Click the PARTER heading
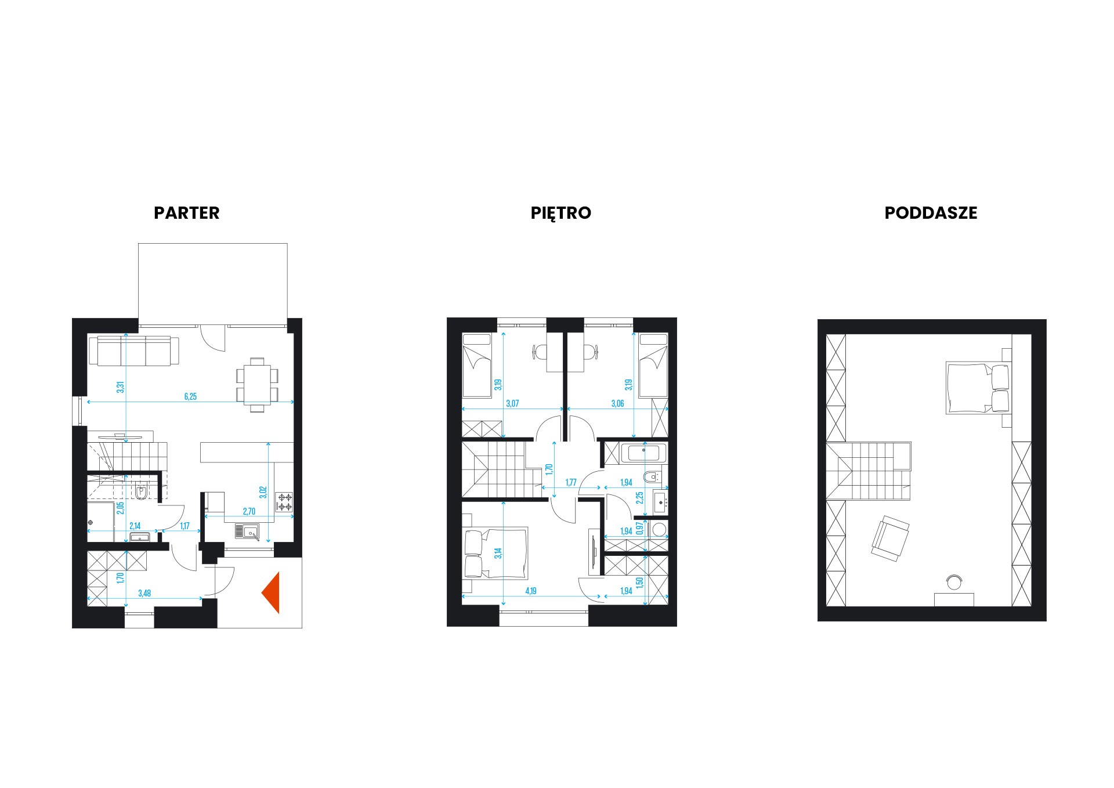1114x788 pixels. point(187,213)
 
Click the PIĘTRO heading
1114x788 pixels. point(561,213)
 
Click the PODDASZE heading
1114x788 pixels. point(931,213)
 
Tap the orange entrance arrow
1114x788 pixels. point(271,592)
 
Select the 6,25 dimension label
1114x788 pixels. point(190,397)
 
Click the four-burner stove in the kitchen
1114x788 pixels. point(284,503)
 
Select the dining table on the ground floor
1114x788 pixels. point(256,383)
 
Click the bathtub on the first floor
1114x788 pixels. point(644,453)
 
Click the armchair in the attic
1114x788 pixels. point(889,538)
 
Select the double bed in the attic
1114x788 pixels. point(977,388)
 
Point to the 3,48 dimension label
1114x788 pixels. point(146,593)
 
